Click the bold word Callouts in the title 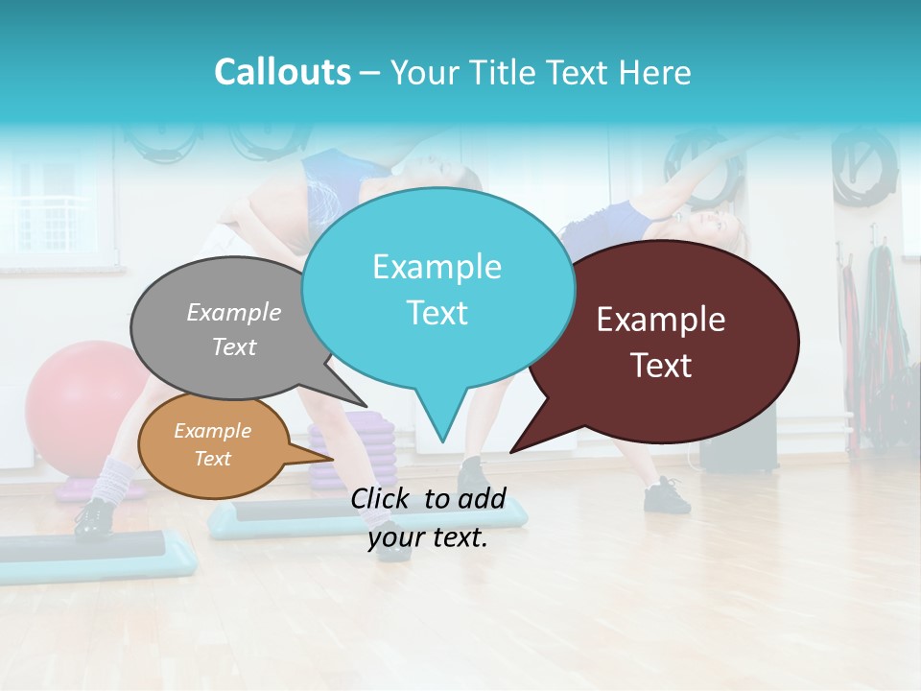coord(282,72)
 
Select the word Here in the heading coord(653,73)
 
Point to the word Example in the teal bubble coord(437,267)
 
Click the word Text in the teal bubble coord(437,313)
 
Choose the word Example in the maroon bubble coord(661,320)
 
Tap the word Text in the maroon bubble coord(661,366)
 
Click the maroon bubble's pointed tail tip coord(511,451)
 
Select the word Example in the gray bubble coord(234,312)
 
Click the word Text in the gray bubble coord(234,346)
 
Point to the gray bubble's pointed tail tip coord(366,407)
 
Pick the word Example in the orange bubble coord(212,431)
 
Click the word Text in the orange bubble coord(212,459)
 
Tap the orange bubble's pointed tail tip coord(333,458)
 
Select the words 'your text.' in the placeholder coord(428,537)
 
